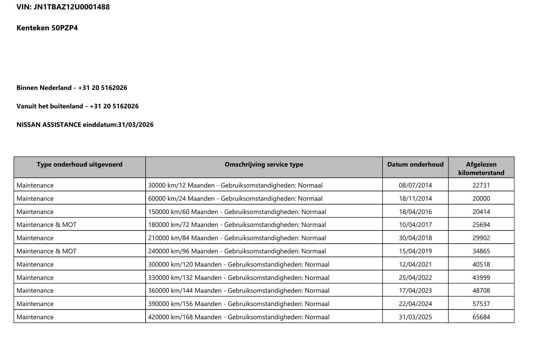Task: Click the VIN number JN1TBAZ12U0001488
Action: (71, 7)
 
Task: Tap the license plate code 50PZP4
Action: (64, 28)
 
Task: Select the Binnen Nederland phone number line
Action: (72, 88)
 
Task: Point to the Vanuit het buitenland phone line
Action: (77, 106)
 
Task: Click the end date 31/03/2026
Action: (136, 125)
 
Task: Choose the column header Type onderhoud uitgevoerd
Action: (79, 164)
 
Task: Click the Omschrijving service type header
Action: (264, 164)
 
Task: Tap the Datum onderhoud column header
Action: (415, 164)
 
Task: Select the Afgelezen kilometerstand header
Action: (481, 168)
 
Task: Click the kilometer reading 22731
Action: (481, 185)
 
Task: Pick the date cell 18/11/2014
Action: (415, 199)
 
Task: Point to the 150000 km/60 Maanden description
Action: (237, 212)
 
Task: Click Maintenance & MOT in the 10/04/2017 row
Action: (46, 225)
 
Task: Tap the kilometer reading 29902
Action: (481, 238)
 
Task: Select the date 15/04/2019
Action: (415, 251)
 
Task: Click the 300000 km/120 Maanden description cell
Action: (239, 265)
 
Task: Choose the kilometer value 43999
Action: (481, 278)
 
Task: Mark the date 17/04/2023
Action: (415, 291)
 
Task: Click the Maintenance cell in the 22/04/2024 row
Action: (35, 304)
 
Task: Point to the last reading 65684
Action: (481, 317)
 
